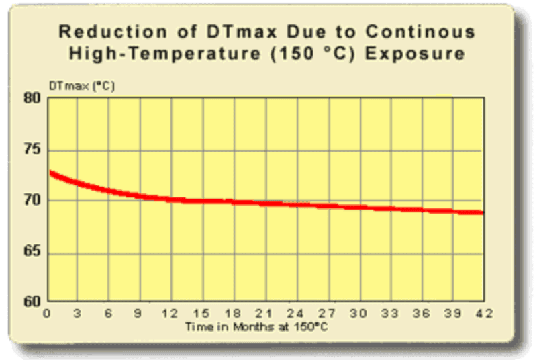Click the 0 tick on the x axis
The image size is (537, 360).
pyautogui.click(x=46, y=314)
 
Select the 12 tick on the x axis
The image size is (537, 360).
pyautogui.click(x=171, y=314)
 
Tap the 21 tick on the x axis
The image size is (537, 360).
pyautogui.click(x=265, y=314)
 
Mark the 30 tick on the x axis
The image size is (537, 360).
pyautogui.click(x=359, y=314)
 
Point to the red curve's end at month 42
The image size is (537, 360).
pyautogui.click(x=481, y=213)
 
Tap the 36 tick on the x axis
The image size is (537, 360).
pyautogui.click(x=422, y=314)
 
